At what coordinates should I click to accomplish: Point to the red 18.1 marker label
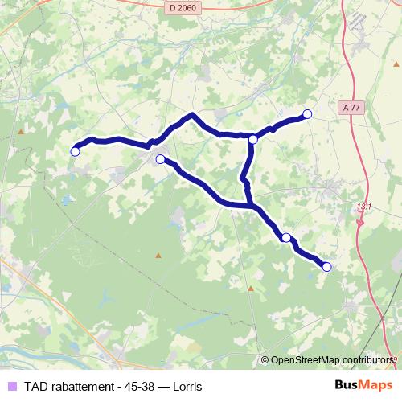[364, 207]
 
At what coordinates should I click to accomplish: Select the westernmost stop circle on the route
[76, 151]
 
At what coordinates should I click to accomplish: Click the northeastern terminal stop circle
[306, 113]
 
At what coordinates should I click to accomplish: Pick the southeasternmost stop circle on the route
[326, 267]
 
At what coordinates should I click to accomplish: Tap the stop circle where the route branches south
[253, 139]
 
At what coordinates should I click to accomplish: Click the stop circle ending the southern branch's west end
[160, 159]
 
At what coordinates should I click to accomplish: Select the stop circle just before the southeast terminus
[285, 237]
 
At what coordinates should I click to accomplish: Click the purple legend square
[11, 386]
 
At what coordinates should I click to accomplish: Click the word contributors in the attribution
[366, 360]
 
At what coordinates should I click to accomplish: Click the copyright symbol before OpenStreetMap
[266, 360]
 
